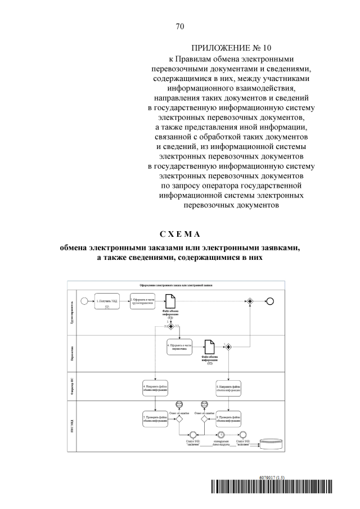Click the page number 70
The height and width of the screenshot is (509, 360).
point(180,26)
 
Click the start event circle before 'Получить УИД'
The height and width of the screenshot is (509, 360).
point(84,300)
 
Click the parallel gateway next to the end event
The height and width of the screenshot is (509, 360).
point(249,300)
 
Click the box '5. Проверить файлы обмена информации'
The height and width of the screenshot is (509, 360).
point(155,418)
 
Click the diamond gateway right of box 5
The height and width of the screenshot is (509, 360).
point(179,418)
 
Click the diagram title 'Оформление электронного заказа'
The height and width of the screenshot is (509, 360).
point(180,285)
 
